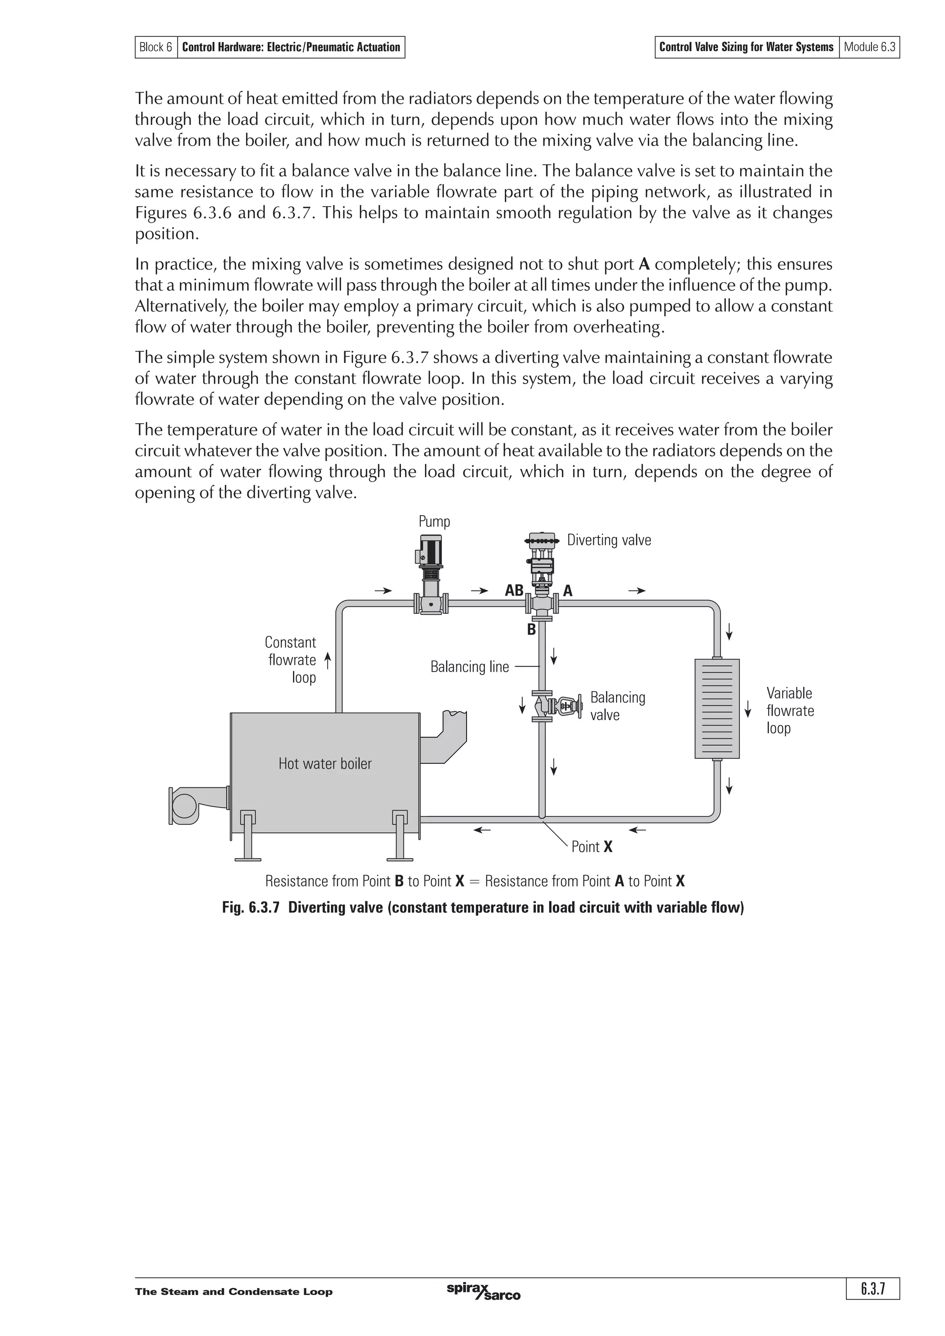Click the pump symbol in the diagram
point(431,573)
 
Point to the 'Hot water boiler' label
point(325,763)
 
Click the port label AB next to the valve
point(514,591)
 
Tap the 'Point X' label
point(592,846)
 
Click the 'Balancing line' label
point(469,667)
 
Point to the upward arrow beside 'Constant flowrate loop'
point(328,661)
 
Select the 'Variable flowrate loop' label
point(789,710)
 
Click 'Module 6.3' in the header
point(869,47)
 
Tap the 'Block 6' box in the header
point(156,47)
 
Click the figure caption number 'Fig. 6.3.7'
point(252,908)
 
